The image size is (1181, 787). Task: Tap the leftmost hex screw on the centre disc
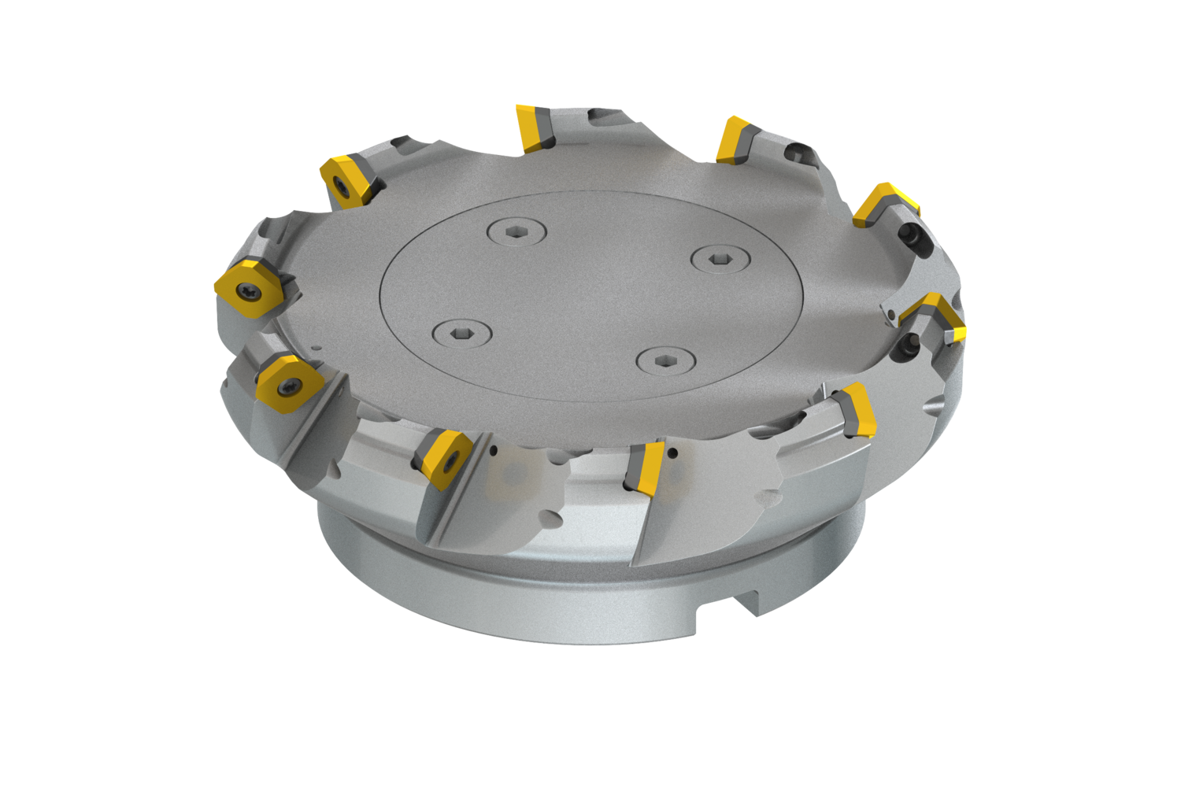(462, 334)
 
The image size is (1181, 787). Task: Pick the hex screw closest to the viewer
(665, 361)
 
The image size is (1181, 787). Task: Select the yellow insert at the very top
(535, 127)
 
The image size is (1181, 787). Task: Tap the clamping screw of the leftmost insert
(246, 290)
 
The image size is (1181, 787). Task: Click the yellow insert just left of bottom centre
(445, 455)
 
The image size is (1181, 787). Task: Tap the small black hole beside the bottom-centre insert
(674, 453)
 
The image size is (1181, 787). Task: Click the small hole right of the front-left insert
(493, 451)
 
